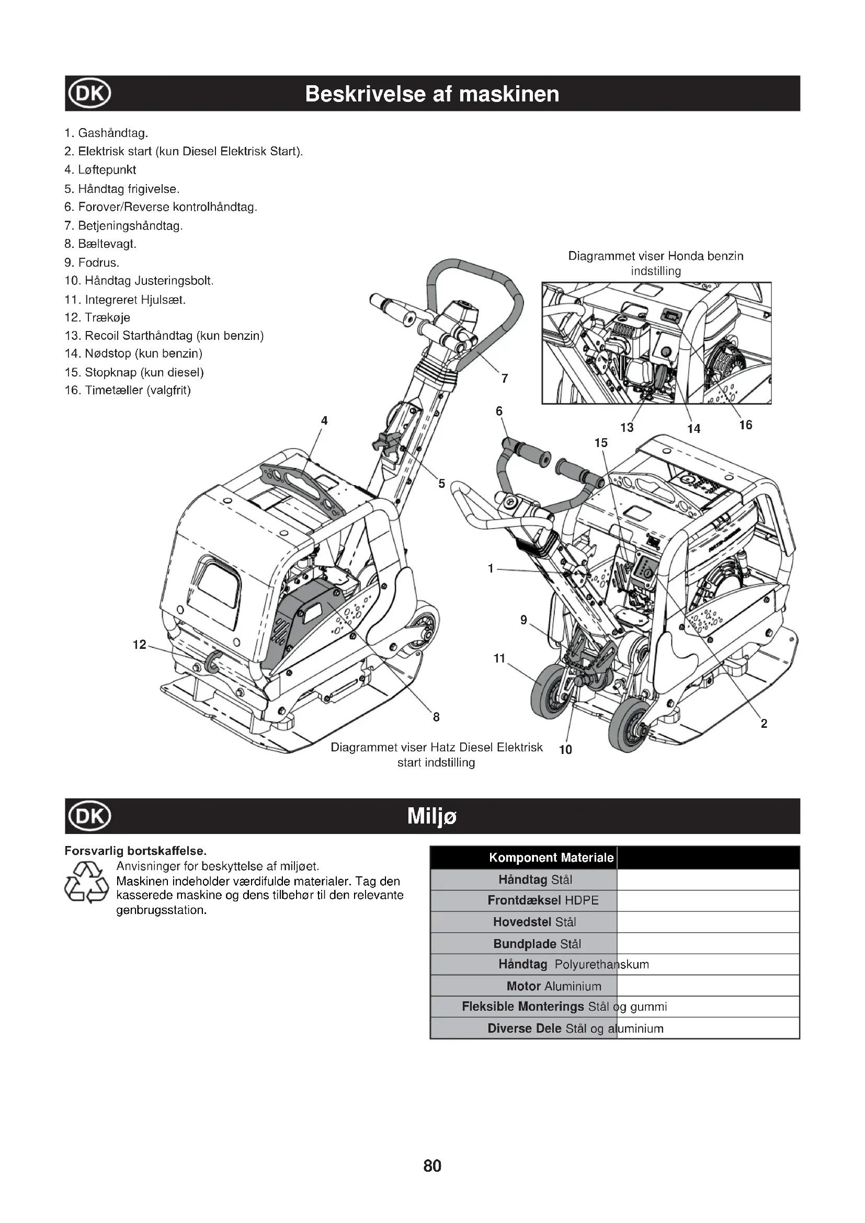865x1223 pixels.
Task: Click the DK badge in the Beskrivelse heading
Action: (89, 94)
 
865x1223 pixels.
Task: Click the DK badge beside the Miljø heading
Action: (89, 816)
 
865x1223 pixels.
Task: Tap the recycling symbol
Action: (86, 883)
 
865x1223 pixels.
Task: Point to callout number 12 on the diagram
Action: (139, 645)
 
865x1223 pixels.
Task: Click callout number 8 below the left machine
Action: (436, 717)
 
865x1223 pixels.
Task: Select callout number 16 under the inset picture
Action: (745, 425)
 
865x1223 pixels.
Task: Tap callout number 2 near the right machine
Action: (764, 723)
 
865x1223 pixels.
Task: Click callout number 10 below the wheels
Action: (565, 749)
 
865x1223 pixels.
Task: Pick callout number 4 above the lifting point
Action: (324, 420)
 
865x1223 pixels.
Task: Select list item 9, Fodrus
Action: (92, 262)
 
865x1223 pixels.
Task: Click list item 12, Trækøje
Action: (97, 317)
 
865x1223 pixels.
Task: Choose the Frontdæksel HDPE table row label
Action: (543, 900)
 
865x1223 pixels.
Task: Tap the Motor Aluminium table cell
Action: (553, 986)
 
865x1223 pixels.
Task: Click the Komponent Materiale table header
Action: (551, 858)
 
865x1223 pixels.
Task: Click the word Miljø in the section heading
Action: (432, 816)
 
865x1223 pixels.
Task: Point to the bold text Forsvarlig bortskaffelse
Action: (135, 851)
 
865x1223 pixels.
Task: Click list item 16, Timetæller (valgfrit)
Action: (127, 391)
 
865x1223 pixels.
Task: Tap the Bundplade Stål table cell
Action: (537, 944)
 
